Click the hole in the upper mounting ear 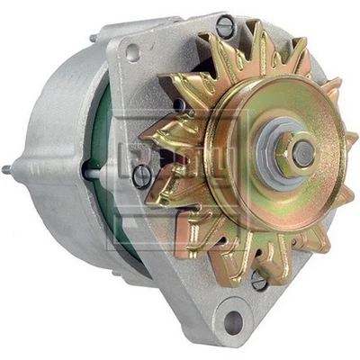[x=133, y=51]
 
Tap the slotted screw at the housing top [x=225, y=26]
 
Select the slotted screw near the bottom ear [x=259, y=281]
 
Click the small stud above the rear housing [x=93, y=38]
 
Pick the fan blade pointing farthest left [x=151, y=144]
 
